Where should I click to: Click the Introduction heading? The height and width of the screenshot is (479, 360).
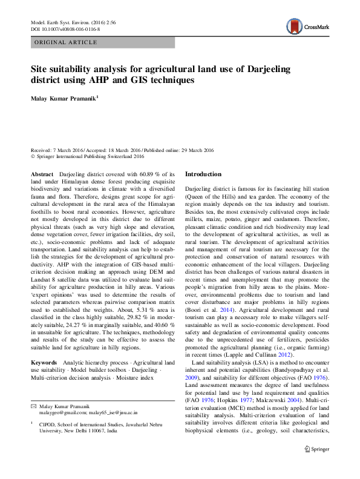point(203,174)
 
